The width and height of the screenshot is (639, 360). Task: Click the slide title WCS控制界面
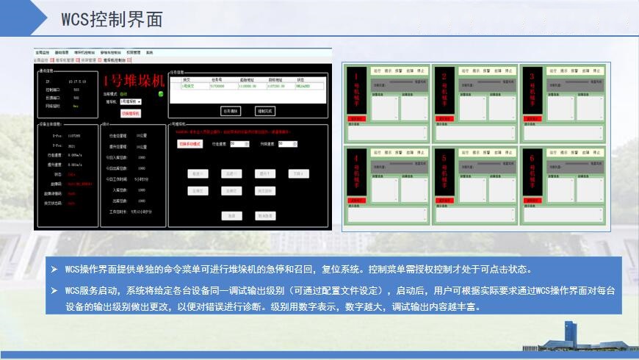click(112, 21)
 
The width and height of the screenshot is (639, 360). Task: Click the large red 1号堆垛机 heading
click(134, 81)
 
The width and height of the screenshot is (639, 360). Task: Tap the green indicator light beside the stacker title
click(161, 93)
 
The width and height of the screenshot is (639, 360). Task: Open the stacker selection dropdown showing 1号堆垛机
click(131, 101)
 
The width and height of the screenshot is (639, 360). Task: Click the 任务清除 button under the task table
click(230, 111)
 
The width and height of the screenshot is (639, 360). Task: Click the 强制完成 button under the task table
click(264, 111)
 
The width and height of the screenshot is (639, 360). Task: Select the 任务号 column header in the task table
click(217, 79)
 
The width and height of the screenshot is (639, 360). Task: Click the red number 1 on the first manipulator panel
click(356, 76)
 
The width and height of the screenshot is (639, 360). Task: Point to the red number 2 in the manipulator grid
click(444, 76)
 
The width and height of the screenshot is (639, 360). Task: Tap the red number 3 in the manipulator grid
click(532, 76)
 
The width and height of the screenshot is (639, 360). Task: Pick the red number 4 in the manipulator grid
click(356, 156)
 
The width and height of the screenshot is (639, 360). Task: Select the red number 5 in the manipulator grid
click(444, 156)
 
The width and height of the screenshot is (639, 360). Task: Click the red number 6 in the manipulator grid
click(532, 156)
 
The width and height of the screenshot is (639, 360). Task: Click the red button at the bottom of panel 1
click(356, 118)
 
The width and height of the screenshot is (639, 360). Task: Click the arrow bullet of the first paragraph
click(54, 269)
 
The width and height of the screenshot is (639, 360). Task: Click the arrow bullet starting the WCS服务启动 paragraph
click(54, 291)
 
